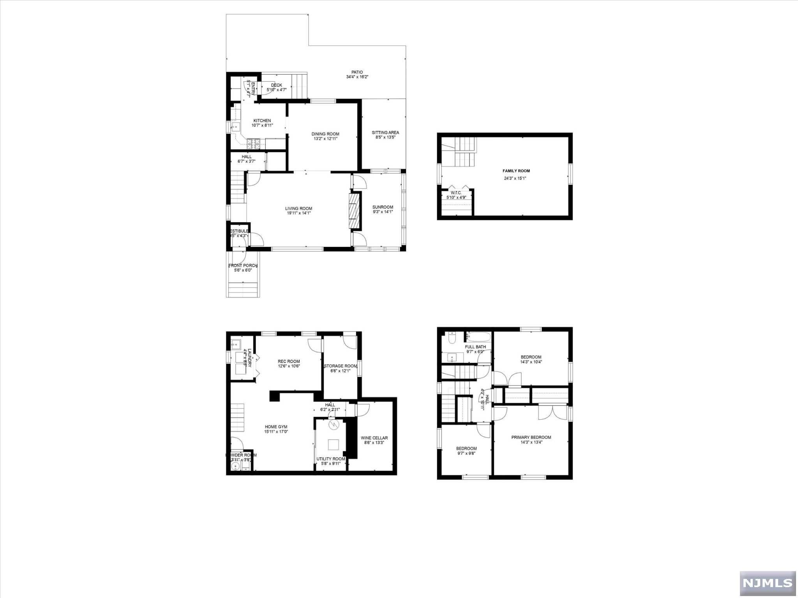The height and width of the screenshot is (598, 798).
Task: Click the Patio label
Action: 357,72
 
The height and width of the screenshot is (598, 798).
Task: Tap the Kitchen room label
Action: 262,121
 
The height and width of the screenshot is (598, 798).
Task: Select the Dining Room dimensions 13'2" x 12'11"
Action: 325,139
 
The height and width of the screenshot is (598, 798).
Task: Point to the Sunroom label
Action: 383,207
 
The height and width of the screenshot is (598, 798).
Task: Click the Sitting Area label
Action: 385,132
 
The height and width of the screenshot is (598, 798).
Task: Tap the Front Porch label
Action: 243,266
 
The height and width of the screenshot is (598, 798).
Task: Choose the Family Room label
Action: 516,171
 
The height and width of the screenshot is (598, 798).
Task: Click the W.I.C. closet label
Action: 456,193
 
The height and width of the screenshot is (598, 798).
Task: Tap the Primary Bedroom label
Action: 531,437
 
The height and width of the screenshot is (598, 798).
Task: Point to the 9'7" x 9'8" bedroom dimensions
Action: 466,453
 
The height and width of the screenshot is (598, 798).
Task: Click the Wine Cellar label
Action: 374,438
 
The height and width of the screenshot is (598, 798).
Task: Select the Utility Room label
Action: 331,459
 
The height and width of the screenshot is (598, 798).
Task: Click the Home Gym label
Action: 276,427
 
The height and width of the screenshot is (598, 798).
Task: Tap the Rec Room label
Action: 289,361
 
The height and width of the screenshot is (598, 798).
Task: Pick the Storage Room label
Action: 341,366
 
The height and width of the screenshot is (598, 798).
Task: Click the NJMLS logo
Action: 767,582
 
